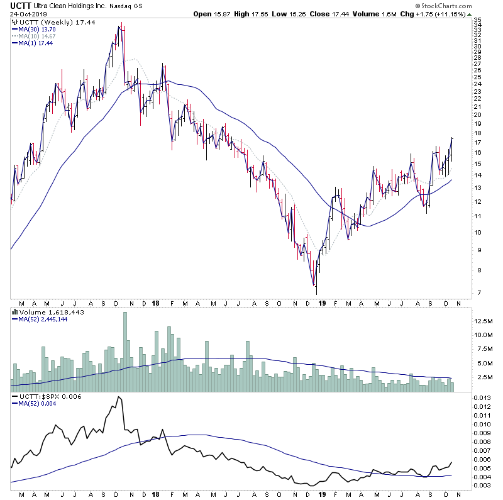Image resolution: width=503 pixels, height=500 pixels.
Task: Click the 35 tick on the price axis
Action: click(477, 21)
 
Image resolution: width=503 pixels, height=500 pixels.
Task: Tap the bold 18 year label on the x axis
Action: click(155, 303)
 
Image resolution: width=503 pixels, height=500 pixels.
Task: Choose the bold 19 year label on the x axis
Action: click(322, 303)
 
